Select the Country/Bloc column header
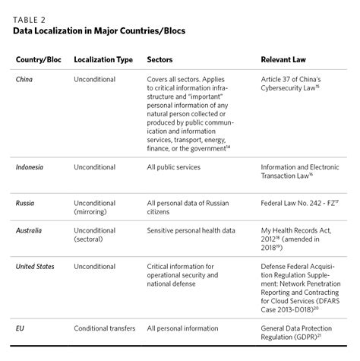(x=38, y=59)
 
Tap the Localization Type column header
(x=103, y=59)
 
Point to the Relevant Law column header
(x=285, y=59)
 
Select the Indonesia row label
(x=32, y=166)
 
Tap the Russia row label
(x=27, y=204)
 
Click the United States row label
(x=38, y=267)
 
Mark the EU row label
(x=21, y=328)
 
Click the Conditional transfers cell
(x=105, y=328)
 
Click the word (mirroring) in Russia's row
(x=92, y=213)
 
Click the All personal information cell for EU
(x=183, y=328)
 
